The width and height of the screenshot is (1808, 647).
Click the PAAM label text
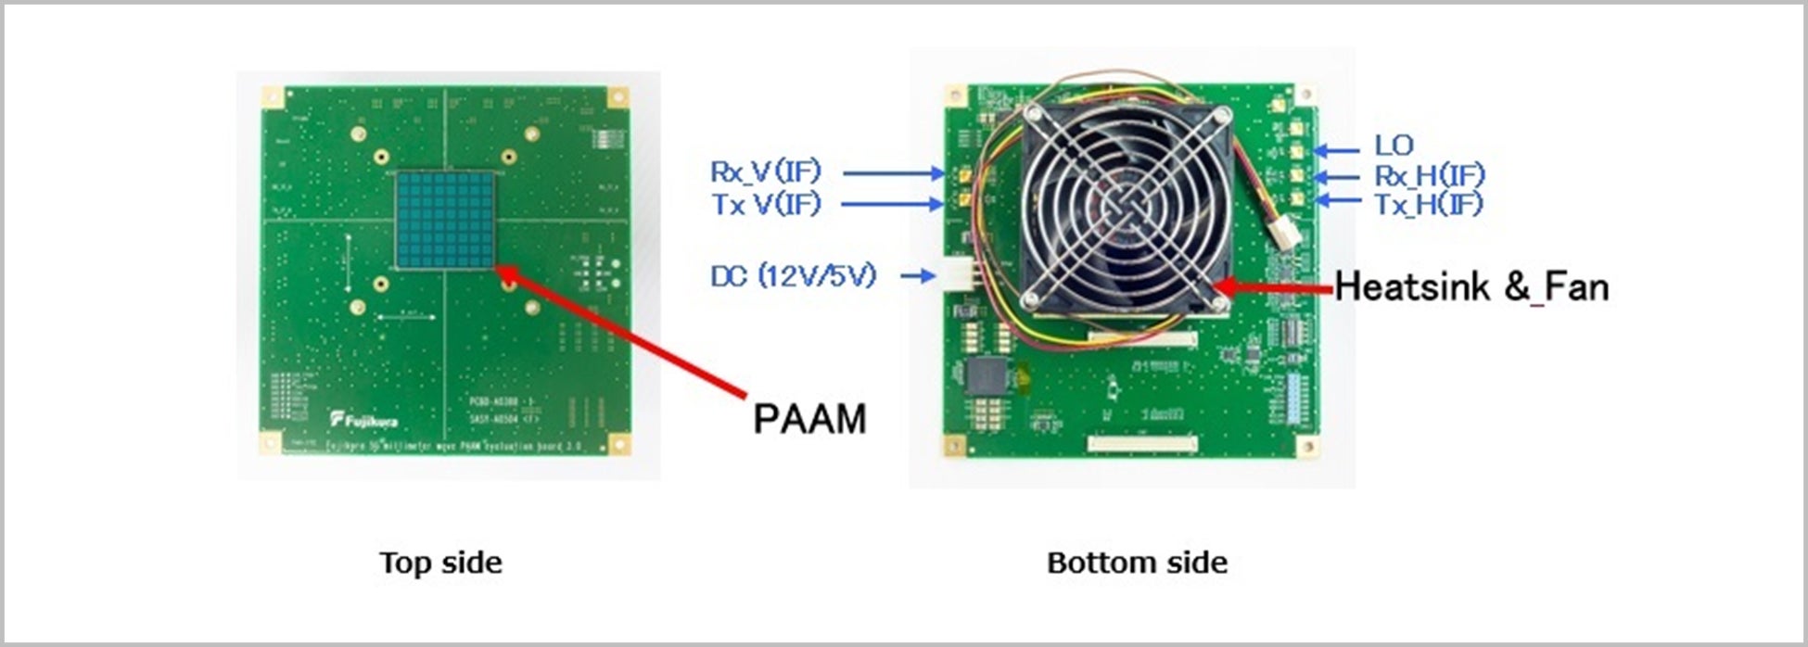[x=809, y=419]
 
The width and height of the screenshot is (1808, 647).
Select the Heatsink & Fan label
[x=1471, y=287]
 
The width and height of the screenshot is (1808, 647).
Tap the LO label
[x=1394, y=146]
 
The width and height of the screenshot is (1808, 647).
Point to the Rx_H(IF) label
[x=1429, y=175]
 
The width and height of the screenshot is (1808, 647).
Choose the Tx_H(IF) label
[x=1428, y=204]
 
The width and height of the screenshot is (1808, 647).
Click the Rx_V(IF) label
[x=766, y=171]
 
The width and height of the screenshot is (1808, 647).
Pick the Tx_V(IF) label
[x=766, y=204]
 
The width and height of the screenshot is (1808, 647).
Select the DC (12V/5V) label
[x=793, y=275]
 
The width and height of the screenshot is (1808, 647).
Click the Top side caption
[x=440, y=563]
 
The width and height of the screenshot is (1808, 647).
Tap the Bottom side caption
[x=1137, y=563]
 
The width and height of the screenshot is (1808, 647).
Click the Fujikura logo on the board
[x=365, y=420]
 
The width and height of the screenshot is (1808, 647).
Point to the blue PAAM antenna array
[x=445, y=220]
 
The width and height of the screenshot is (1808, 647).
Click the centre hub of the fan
[x=1127, y=209]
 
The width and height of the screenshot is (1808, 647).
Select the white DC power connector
[x=960, y=275]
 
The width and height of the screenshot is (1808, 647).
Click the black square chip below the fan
[x=987, y=375]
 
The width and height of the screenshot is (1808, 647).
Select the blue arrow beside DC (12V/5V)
[x=917, y=275]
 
